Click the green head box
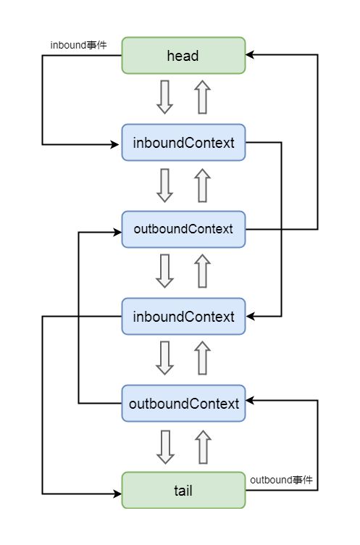coord(183,56)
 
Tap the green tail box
coord(183,490)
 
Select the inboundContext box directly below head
coord(183,143)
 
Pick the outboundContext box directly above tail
coord(183,403)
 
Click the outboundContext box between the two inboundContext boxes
coord(183,230)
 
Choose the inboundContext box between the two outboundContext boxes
coord(183,316)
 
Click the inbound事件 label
coord(78,45)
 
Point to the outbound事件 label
coord(282,480)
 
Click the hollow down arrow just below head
coord(164,97)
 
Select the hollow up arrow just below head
coord(203,97)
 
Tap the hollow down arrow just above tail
coord(165,447)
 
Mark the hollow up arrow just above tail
coord(204,447)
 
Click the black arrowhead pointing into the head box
coord(250,54)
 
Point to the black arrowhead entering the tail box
coord(117,494)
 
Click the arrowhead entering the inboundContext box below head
coord(115,144)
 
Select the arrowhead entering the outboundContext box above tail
coord(250,400)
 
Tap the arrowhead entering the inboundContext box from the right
coord(250,316)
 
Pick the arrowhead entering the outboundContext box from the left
coord(117,232)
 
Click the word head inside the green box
coord(183,56)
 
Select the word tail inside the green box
coord(183,491)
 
